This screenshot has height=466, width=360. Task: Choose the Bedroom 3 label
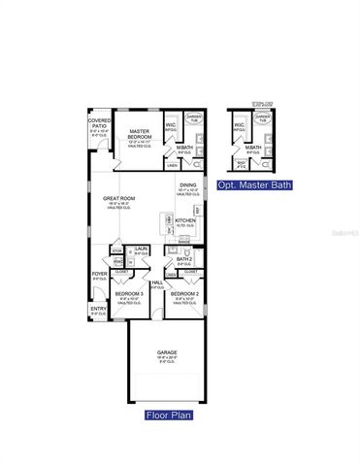(x=129, y=293)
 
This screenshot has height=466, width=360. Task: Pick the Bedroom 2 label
(x=184, y=293)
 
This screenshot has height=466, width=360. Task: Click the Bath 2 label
(x=184, y=260)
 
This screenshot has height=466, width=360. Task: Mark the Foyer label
(x=99, y=275)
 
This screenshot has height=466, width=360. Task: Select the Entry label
(x=98, y=310)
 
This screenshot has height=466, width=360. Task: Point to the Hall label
(x=156, y=283)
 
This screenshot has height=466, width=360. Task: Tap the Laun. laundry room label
(x=142, y=250)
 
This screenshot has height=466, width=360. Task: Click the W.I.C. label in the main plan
(x=171, y=125)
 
